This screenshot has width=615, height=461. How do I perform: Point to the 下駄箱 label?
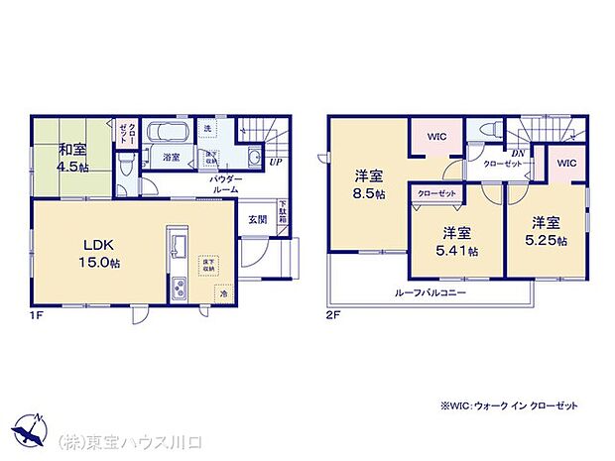pyautogui.click(x=283, y=213)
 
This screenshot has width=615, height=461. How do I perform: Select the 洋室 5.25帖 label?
pyautogui.click(x=546, y=230)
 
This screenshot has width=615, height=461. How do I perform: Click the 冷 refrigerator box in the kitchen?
pyautogui.click(x=224, y=293)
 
